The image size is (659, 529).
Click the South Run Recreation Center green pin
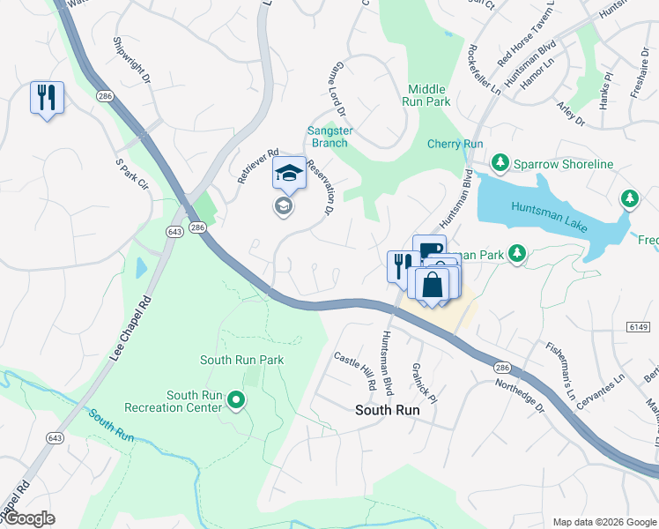[236, 400]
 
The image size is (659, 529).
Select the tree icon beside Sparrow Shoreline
[500, 164]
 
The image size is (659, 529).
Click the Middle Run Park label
[429, 95]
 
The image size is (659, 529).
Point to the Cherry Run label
[455, 144]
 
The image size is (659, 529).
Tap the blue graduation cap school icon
[288, 173]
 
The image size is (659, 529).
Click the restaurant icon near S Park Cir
[47, 96]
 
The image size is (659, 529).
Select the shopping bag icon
[433, 285]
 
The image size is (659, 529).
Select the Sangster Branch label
[329, 138]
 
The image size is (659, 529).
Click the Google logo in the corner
[28, 518]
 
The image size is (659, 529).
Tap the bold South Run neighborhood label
[387, 410]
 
